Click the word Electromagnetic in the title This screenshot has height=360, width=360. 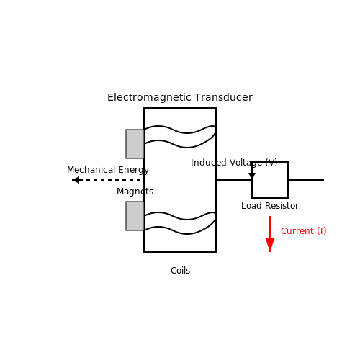tap(149, 98)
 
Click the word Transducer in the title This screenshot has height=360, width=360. tap(223, 97)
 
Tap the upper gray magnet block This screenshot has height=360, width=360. tap(135, 144)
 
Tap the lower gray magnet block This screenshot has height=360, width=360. tap(135, 216)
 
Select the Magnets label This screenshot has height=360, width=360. tap(135, 192)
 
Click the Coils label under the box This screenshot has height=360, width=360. tap(180, 271)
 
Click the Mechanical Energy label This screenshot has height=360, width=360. tap(108, 170)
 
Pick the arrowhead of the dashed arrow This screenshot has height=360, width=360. tap(76, 180)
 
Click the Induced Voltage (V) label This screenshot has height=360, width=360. tap(234, 163)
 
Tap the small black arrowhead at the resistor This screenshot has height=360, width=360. tap(252, 176)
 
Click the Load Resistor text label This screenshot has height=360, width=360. tap(270, 206)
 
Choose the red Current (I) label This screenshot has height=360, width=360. tap(303, 231)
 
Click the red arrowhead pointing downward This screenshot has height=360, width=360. tap(270, 244)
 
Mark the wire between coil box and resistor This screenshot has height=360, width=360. tap(234, 180)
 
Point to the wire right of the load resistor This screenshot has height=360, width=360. tap(306, 180)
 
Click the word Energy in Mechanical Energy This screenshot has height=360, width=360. tap(133, 170)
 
